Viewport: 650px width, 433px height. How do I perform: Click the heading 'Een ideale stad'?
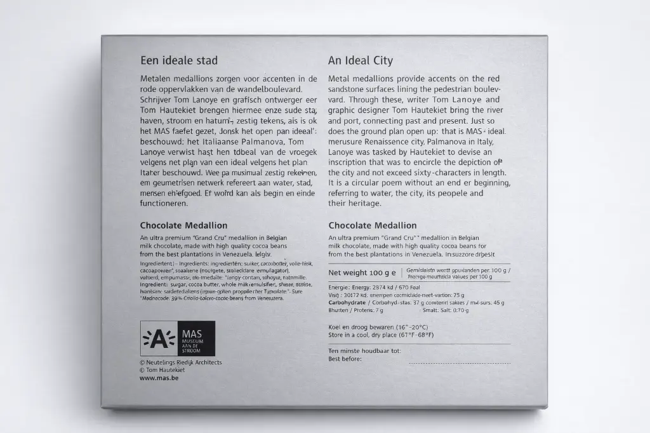178,61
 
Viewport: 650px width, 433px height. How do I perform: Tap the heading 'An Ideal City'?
360,61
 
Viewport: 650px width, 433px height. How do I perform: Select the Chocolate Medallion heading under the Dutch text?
183,225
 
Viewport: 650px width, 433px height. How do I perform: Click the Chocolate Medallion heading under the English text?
373,225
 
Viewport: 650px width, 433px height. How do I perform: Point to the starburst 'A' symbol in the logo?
157,338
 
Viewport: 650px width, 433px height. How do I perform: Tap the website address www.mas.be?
159,378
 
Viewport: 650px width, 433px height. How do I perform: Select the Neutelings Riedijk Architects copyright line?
180,363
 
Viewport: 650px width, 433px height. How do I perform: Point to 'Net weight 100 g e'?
362,273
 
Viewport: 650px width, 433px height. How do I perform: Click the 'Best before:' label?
345,359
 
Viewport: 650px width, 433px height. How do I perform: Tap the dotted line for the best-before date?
459,363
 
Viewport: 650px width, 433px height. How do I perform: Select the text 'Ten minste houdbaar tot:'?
364,350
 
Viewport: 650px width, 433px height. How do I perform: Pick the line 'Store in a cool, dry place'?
380,335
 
